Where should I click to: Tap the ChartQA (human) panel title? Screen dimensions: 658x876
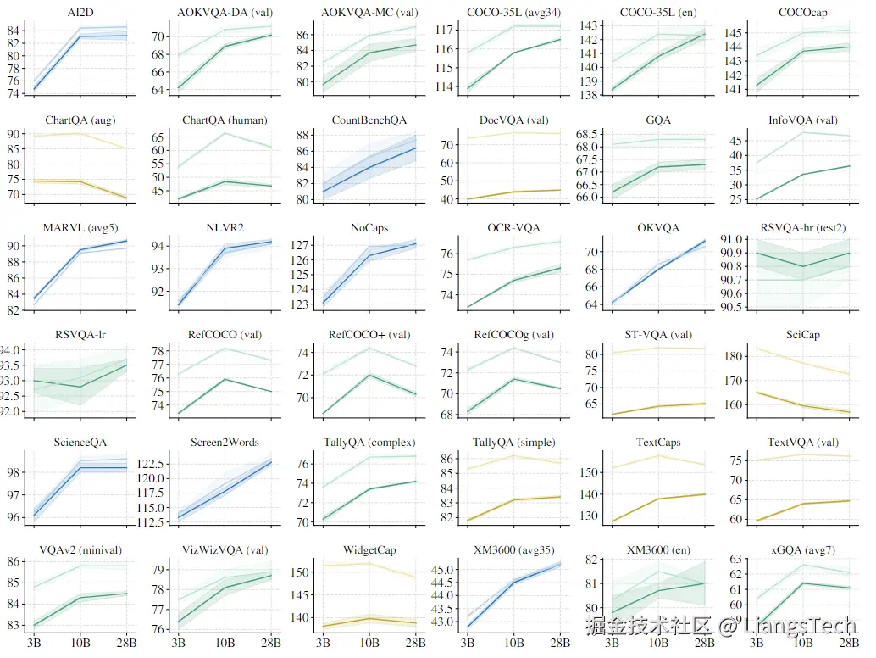(x=225, y=120)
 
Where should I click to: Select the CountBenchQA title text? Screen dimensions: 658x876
(x=369, y=120)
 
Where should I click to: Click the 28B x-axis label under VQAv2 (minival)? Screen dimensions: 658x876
(x=126, y=643)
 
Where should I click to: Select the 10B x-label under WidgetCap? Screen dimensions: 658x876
(x=369, y=643)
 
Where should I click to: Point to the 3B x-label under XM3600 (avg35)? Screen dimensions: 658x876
(x=467, y=643)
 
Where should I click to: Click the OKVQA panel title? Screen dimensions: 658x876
(x=658, y=228)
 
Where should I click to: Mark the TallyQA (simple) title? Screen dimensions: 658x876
(x=513, y=443)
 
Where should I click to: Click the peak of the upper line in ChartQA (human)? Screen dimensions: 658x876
(x=225, y=132)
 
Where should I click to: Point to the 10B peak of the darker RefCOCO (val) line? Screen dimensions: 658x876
(x=225, y=379)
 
